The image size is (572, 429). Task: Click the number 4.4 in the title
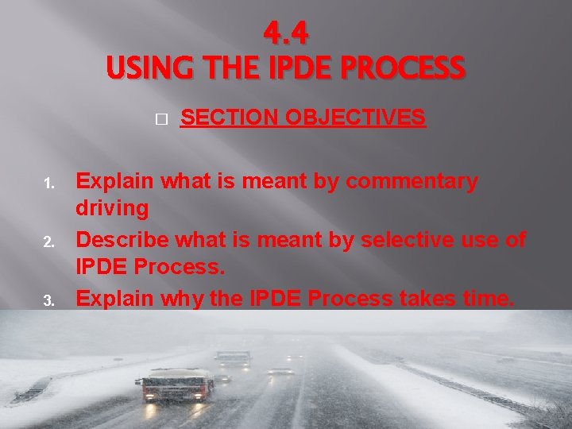point(285,34)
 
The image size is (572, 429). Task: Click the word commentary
point(412,182)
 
